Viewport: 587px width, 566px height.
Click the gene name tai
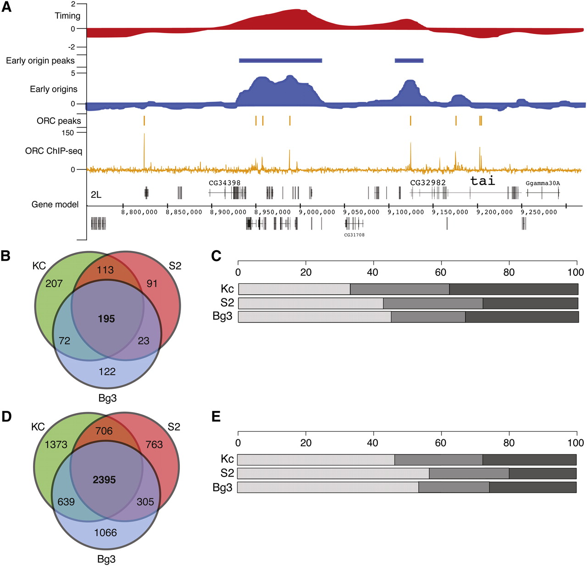point(482,181)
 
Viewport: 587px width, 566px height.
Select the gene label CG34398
point(224,183)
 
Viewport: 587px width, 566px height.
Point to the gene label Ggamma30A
point(543,183)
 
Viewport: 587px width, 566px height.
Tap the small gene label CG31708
point(354,235)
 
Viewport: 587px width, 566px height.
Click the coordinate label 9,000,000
point(317,212)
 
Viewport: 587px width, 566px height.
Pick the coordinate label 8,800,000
point(139,212)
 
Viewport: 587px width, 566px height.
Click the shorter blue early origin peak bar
point(409,61)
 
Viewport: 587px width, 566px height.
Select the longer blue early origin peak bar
point(280,61)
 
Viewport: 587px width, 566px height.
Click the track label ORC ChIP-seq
point(54,151)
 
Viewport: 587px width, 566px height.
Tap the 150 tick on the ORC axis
point(67,133)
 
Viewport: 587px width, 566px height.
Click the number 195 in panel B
point(106,319)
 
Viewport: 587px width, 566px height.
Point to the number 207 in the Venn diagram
point(54,284)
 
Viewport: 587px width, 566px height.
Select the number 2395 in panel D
point(104,480)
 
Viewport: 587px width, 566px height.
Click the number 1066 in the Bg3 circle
point(105,532)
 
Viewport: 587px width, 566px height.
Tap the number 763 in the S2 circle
point(154,444)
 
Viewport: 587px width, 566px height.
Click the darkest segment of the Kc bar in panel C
point(514,289)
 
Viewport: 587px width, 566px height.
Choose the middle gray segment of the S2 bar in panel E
point(469,473)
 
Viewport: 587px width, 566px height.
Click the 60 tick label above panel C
point(440,272)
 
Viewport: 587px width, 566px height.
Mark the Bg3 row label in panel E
point(222,488)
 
